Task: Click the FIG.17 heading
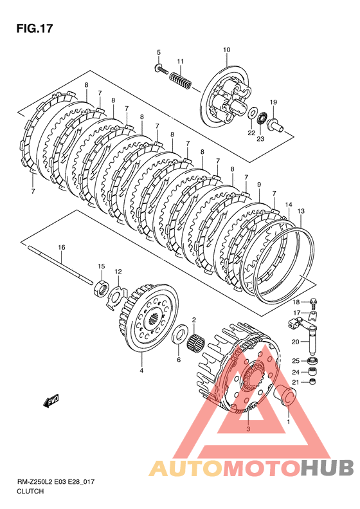coord(34,28)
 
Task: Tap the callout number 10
coord(226,50)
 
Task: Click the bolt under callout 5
coord(161,68)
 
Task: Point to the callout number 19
coord(273,102)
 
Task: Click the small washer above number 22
coord(251,113)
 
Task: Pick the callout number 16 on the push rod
coord(62,247)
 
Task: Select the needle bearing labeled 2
coord(197,343)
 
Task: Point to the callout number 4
coord(141,371)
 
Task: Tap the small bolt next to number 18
coord(314,303)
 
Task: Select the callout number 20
coord(295,342)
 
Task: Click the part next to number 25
coord(313,360)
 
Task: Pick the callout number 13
coord(301,211)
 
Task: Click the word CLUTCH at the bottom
coord(30,492)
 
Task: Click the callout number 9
coord(259,185)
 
